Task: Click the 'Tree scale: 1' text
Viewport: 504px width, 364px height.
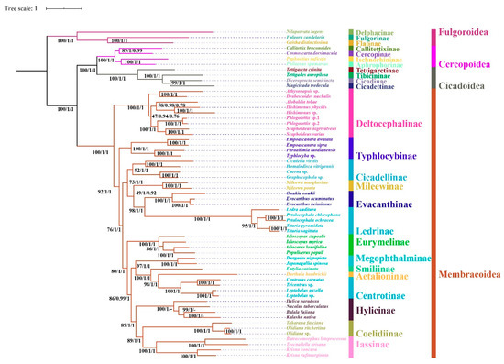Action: (x=22, y=7)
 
